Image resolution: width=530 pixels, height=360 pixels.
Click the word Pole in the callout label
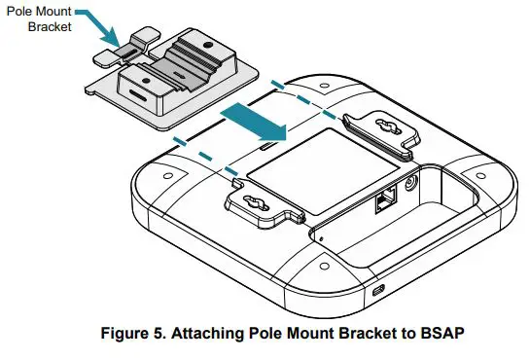point(18,11)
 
